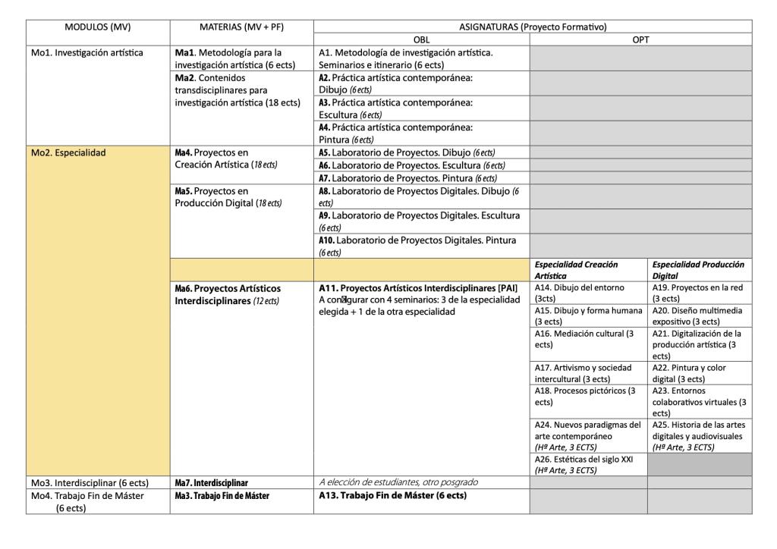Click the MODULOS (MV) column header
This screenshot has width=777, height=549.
99,27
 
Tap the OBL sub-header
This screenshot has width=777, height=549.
421,39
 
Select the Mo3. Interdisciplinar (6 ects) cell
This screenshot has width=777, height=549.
90,482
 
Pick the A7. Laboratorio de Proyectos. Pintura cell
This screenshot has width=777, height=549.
414,177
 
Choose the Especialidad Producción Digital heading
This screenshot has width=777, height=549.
697,270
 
